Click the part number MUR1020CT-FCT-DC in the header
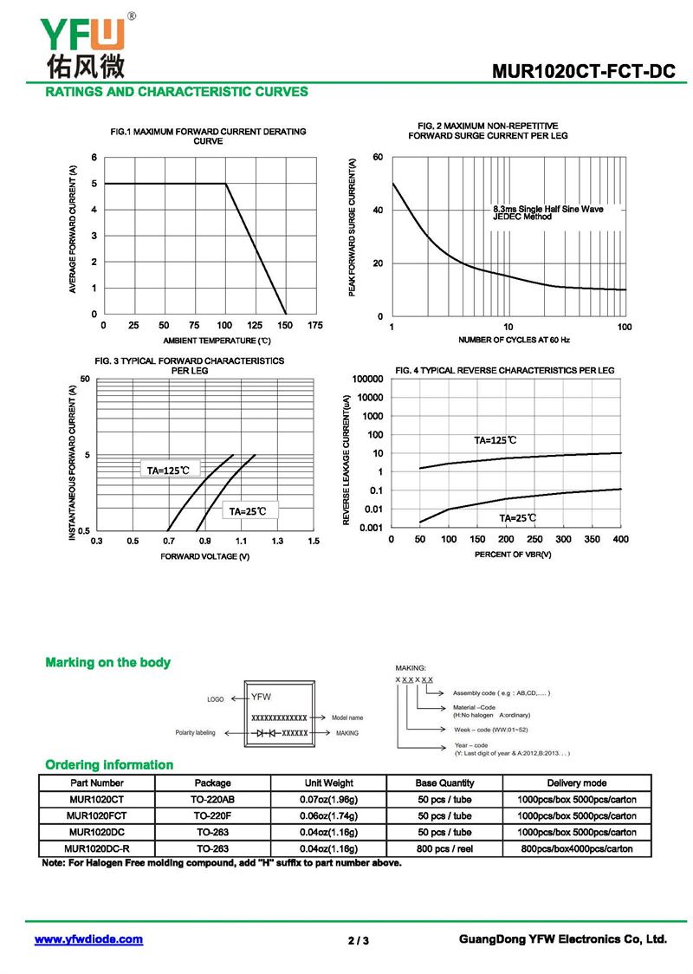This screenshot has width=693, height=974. point(583,72)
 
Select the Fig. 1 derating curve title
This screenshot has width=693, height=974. point(208,136)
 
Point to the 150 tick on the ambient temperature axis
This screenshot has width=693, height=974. point(285,326)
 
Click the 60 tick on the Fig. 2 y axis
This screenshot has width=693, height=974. point(378,157)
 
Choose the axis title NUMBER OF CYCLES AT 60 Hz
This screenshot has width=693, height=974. point(514,340)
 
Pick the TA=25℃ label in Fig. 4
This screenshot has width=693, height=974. point(518,518)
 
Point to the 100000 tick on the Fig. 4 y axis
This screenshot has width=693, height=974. point(366,380)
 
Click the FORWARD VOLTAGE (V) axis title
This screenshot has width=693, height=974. point(205,556)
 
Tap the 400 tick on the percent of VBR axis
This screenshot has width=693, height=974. point(620,540)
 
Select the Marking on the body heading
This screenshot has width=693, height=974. point(107,663)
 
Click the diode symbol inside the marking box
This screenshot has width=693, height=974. point(265,733)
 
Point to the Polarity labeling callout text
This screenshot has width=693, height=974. point(195,733)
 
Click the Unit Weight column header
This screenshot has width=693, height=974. point(329,782)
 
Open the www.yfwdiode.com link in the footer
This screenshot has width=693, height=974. point(88,939)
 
